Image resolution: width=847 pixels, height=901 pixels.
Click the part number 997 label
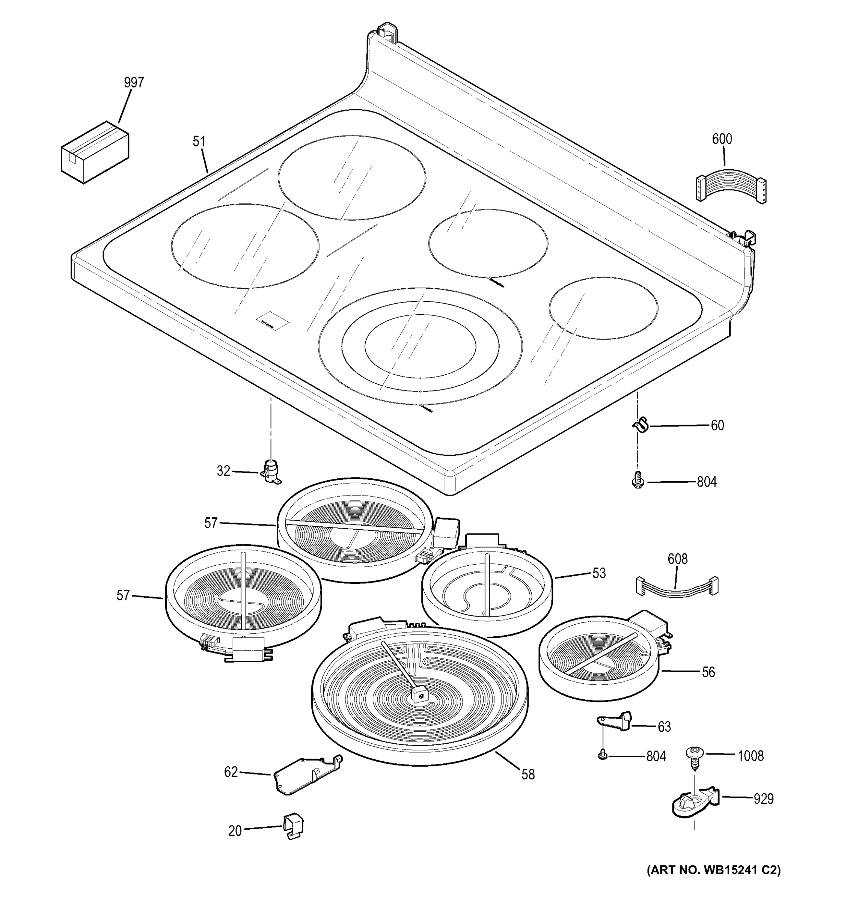134,83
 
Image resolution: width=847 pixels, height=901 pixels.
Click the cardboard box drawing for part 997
95,152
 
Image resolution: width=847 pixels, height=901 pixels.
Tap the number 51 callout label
199,142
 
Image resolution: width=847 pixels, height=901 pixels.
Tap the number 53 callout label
599,573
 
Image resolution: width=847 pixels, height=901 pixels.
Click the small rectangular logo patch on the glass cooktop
272,321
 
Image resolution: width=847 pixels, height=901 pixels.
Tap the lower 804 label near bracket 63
656,756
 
